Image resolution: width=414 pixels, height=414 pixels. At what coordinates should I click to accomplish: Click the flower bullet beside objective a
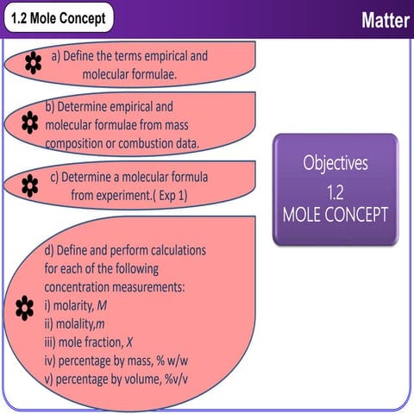(x=33, y=61)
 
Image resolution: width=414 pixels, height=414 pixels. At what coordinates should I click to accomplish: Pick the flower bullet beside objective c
(x=29, y=183)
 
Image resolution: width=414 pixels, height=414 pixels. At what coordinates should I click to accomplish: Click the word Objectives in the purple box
(x=336, y=161)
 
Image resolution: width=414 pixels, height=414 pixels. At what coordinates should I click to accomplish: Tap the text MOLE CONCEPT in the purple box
(x=336, y=213)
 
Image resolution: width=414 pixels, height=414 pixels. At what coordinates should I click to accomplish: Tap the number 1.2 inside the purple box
(x=336, y=188)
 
